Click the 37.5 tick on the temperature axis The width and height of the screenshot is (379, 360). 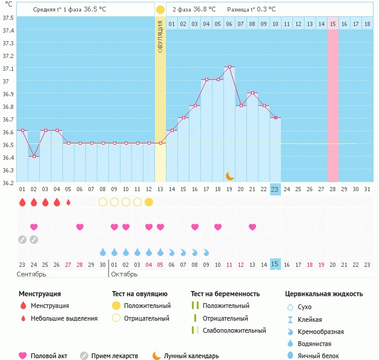point(8,18)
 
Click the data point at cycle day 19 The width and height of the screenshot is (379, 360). point(229,67)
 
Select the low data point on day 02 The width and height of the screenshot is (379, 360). point(34,156)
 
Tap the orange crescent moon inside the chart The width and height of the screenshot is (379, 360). point(230,175)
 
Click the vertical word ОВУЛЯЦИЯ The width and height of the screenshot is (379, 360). point(160,36)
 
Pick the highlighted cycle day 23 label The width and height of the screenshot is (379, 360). point(275,189)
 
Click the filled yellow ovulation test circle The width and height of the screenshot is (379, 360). point(149,202)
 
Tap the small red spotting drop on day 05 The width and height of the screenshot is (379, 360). point(68,202)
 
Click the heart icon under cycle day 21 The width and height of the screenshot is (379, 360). point(252,227)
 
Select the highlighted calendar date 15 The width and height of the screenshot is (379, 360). point(275,264)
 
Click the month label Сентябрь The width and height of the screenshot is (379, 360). point(32,273)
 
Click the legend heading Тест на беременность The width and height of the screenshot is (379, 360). point(225,294)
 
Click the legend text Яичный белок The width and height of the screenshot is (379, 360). point(319,356)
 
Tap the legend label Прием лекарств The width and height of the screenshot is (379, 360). point(114,356)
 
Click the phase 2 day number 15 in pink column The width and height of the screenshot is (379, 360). point(333,24)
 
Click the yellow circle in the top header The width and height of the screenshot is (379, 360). point(160,10)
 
